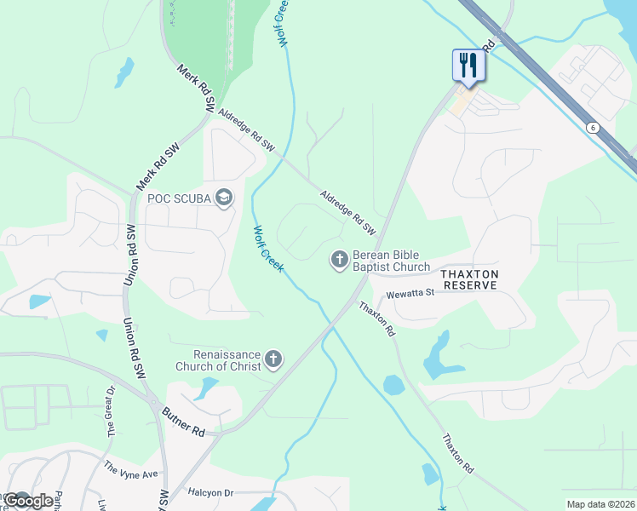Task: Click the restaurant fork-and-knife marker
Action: pyautogui.click(x=468, y=65)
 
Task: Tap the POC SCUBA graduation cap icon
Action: pyautogui.click(x=224, y=199)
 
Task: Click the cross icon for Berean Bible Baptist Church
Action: pyautogui.click(x=339, y=259)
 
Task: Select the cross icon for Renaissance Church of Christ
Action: pyautogui.click(x=273, y=359)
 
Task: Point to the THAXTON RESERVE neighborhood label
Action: pyautogui.click(x=468, y=279)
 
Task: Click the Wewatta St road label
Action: pyautogui.click(x=410, y=294)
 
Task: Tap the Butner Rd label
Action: pyautogui.click(x=185, y=422)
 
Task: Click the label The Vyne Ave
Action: pyautogui.click(x=131, y=470)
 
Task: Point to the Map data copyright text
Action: pyautogui.click(x=600, y=504)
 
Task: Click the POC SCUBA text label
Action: pyautogui.click(x=179, y=199)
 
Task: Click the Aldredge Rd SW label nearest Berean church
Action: pyautogui.click(x=348, y=212)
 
